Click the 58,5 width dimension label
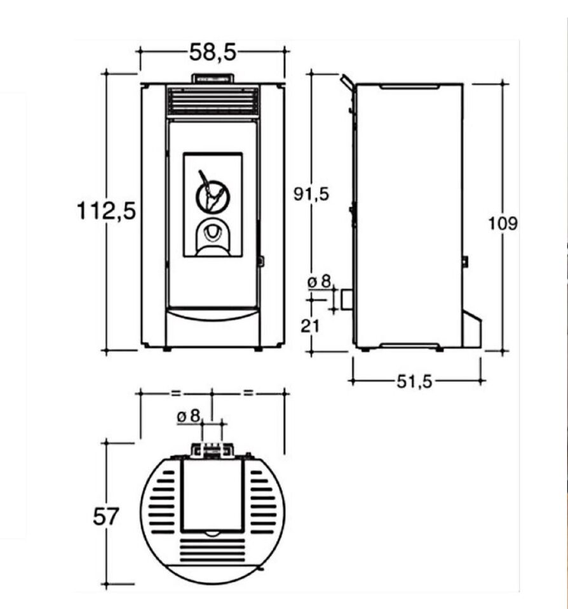tap(212, 52)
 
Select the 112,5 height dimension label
tap(106, 211)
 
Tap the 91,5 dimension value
tap(311, 194)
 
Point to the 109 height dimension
tap(503, 224)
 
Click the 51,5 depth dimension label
tap(414, 382)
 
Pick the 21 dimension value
tap(310, 326)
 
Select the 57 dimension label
tap(105, 517)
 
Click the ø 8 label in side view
tap(319, 281)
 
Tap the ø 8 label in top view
tap(189, 417)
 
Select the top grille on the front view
tap(213, 101)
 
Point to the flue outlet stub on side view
tap(348, 299)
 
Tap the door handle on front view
tap(260, 261)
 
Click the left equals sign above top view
tap(176, 393)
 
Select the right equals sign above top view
tap(248, 393)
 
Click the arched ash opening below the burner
tap(212, 237)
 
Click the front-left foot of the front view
tap(167, 349)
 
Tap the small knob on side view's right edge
tap(465, 262)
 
